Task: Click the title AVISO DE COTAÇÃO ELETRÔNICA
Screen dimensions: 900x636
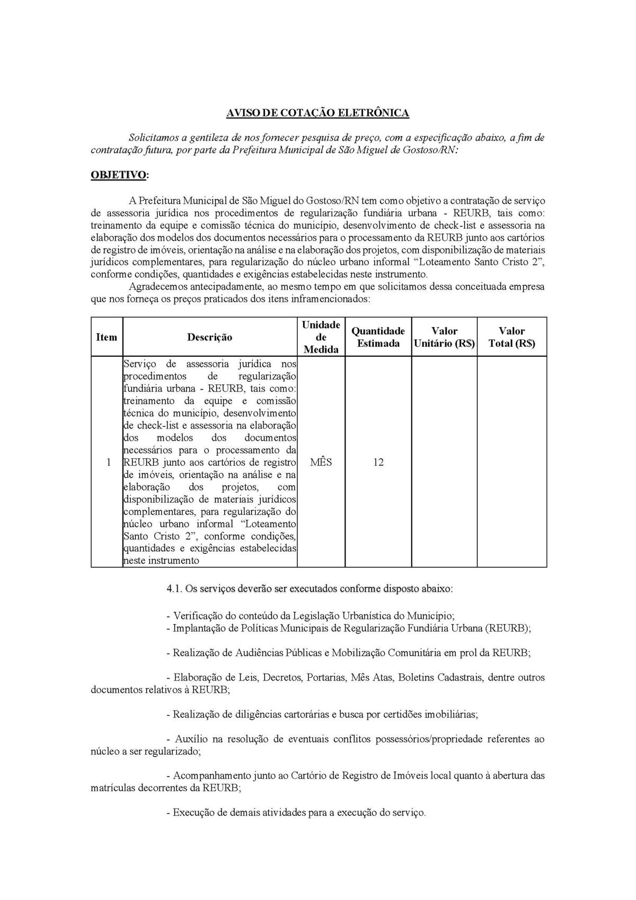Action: [317, 113]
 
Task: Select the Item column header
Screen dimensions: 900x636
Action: [107, 337]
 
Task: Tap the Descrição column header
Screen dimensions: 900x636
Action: [209, 337]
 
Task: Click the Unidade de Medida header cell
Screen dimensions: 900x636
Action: [321, 337]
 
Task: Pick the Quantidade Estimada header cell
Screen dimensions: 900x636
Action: [378, 337]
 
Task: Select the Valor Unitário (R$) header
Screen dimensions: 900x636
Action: [444, 337]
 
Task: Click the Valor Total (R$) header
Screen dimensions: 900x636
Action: [511, 337]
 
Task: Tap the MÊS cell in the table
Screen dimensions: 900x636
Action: [321, 462]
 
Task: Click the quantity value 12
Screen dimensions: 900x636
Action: [378, 462]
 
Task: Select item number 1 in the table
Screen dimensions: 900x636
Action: [109, 462]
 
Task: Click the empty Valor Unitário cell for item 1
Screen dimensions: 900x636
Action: [444, 462]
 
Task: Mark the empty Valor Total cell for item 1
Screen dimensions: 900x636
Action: [511, 462]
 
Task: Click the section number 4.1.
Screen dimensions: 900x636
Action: [174, 589]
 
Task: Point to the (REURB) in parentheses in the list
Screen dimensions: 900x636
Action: [508, 628]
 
